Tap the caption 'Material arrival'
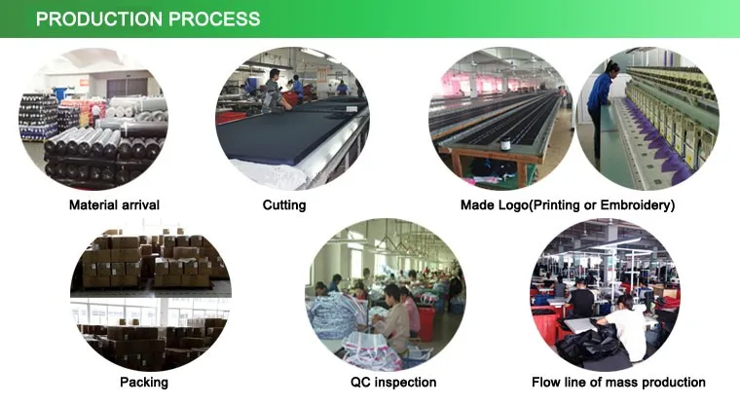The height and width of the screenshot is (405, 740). coord(114,205)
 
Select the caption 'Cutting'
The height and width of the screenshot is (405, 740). coord(284,205)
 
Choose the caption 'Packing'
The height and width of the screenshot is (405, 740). coord(144,383)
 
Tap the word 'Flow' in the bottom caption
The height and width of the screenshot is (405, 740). coord(549,383)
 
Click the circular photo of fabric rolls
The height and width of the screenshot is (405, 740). coord(93,117)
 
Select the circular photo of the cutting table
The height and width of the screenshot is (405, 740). coord(292,117)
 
